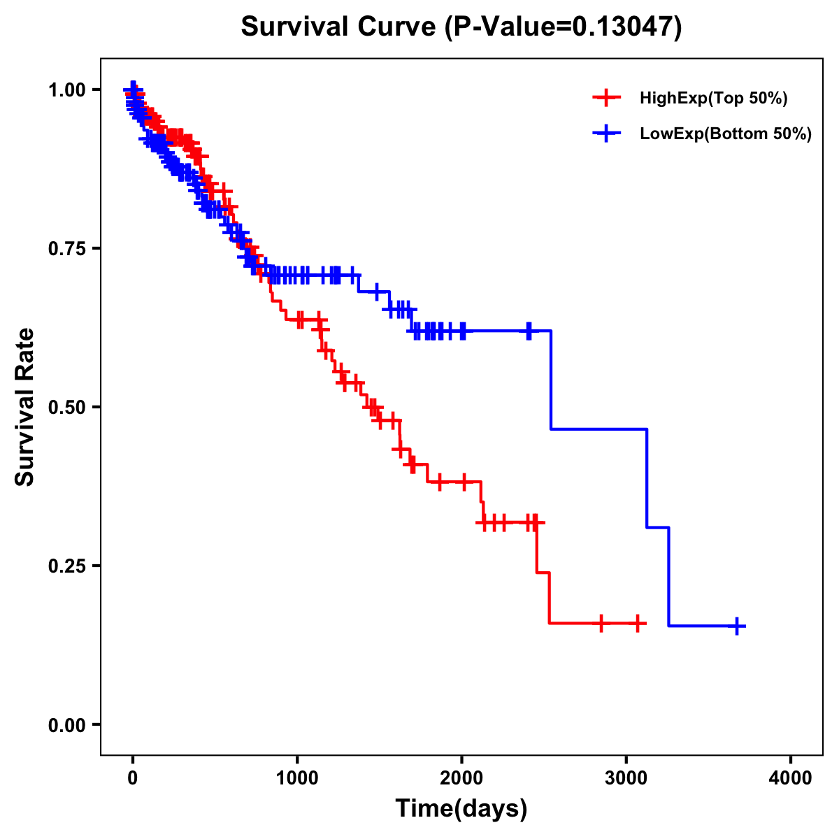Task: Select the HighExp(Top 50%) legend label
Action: [x=713, y=99]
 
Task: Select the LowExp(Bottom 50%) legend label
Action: [x=726, y=134]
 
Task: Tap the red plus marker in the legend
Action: [x=606, y=98]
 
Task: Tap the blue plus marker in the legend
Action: [x=606, y=134]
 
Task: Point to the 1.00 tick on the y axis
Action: [x=66, y=89]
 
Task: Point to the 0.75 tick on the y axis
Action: [x=66, y=248]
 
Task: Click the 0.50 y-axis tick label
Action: [x=66, y=407]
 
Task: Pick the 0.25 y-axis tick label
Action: [x=66, y=566]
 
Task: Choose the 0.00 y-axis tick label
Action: [x=66, y=724]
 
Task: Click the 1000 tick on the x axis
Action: [x=297, y=778]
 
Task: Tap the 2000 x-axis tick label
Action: [x=461, y=778]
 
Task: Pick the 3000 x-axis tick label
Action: [x=626, y=778]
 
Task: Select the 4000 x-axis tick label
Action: [x=791, y=778]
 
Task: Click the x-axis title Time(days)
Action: [x=461, y=809]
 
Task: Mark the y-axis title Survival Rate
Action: [x=25, y=407]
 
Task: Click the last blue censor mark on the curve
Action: [x=737, y=626]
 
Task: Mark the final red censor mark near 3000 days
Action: [x=638, y=622]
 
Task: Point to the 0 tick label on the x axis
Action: [x=133, y=778]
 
